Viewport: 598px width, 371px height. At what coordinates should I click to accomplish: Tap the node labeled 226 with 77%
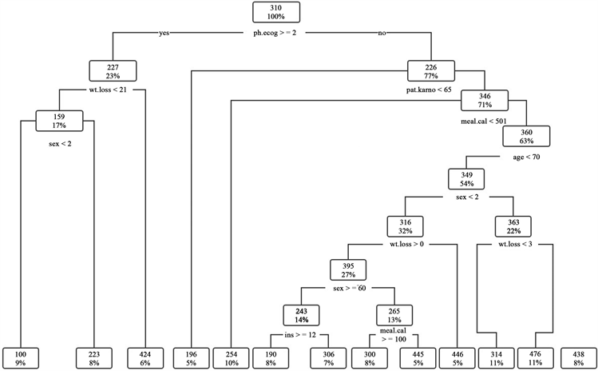point(431,70)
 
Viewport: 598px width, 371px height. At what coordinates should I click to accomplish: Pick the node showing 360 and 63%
point(526,135)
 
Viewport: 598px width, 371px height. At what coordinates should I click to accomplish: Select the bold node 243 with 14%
point(301,314)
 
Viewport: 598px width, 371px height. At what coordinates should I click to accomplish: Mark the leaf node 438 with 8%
point(577,358)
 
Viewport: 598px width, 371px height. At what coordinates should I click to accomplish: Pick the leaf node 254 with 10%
point(232,358)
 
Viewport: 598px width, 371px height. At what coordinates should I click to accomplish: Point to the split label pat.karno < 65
point(430,90)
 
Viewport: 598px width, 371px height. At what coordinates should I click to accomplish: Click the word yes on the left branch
point(166,34)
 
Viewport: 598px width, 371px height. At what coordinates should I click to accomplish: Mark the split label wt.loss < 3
point(515,243)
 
